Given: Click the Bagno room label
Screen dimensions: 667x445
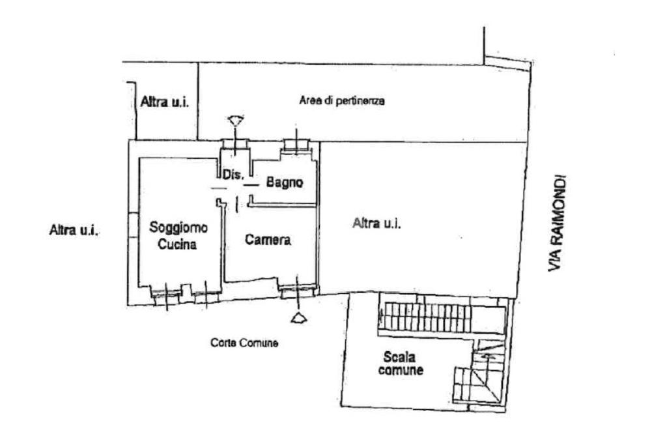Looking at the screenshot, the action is point(285,183).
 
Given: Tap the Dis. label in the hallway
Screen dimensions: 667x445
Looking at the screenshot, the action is point(233,175).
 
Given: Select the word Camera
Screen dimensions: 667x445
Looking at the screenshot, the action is point(268,240).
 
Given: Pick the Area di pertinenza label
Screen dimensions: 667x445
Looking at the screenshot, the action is point(342,101).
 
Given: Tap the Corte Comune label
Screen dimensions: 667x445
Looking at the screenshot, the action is point(244,343).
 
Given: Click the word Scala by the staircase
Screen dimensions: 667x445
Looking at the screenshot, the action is point(399,356).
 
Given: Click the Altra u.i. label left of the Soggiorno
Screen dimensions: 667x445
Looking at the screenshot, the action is point(74,230).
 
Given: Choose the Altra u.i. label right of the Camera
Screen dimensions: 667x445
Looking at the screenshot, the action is point(376,223).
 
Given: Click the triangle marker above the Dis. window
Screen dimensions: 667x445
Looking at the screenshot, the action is point(235,120).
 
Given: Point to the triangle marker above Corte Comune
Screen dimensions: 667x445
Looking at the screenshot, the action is point(299,317).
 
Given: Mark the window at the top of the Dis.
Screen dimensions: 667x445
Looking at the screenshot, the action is point(234,145).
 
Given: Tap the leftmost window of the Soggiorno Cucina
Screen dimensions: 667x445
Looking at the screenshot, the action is point(165,293).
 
